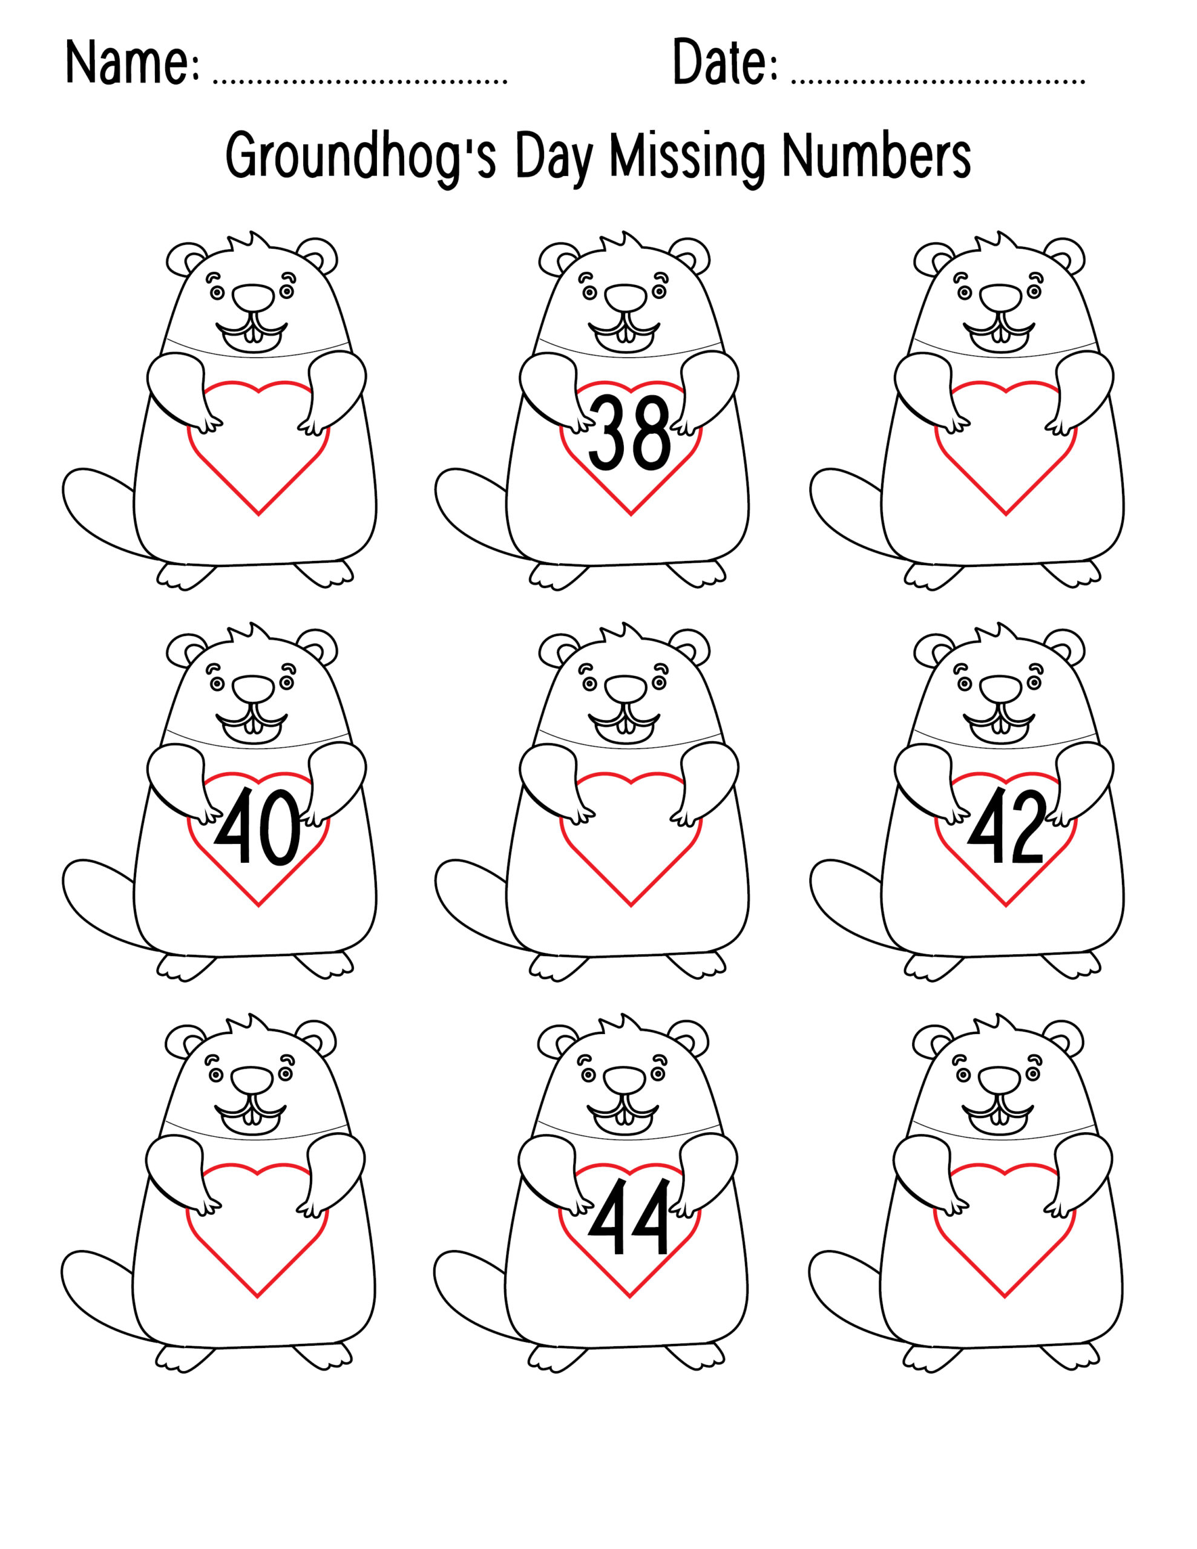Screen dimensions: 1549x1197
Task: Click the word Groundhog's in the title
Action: pos(361,157)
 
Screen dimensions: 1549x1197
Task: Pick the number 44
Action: pos(629,1217)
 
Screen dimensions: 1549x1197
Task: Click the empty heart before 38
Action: pos(258,454)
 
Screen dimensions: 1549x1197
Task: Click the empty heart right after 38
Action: pos(1005,454)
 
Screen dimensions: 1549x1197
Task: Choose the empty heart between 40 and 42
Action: pos(631,844)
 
